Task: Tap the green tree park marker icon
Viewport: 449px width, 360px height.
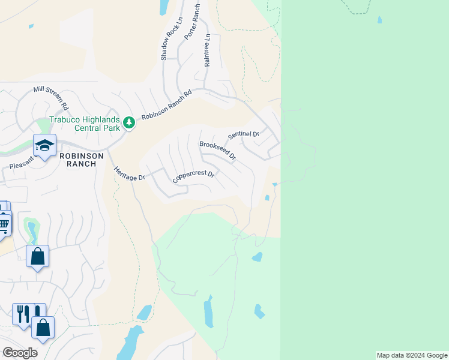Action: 128,123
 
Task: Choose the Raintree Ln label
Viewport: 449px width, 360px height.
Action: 207,50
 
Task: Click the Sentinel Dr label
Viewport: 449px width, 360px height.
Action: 243,134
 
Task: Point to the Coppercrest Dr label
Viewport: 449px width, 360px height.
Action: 193,176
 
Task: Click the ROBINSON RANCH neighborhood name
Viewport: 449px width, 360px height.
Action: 82,160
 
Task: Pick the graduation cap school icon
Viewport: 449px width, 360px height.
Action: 44,145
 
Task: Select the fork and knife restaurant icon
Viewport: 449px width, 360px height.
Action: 23,313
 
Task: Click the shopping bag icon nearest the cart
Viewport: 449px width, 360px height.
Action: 37,256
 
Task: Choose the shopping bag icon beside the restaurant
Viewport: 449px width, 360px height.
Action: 43,328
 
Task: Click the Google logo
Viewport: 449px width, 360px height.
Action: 20,353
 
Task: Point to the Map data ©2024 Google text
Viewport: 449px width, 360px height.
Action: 412,355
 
